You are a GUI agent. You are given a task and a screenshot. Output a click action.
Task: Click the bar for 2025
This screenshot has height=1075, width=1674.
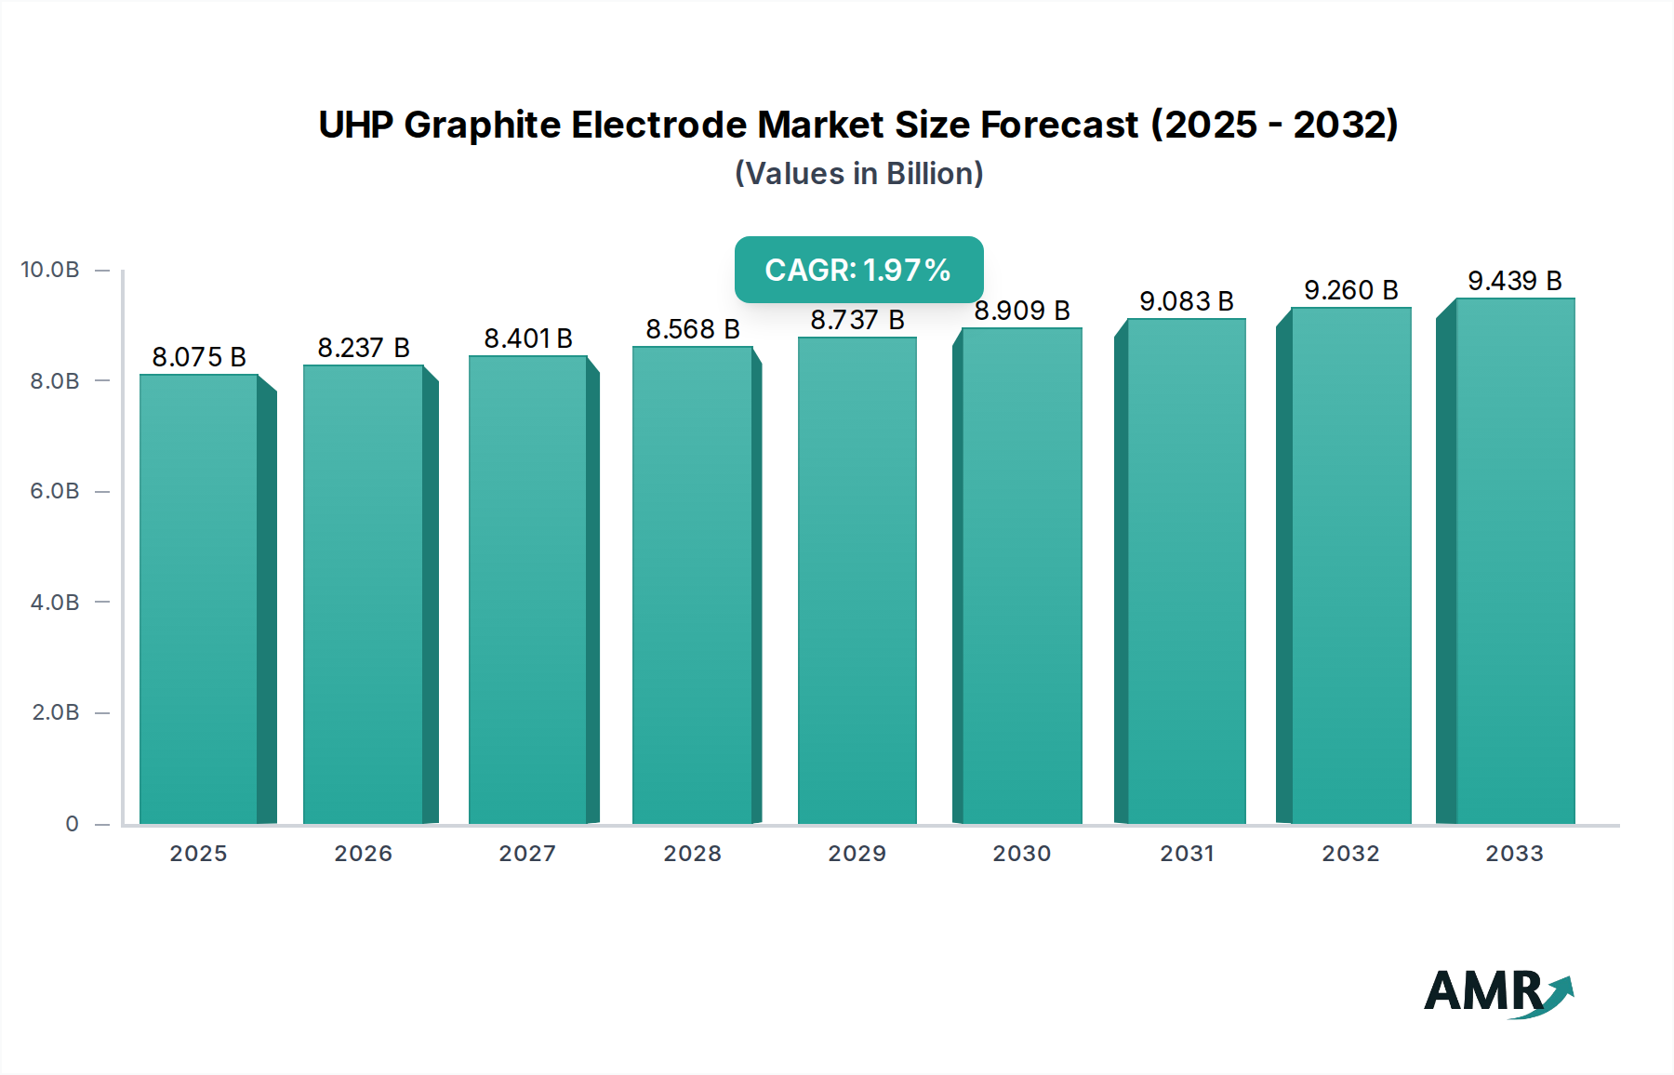(x=199, y=599)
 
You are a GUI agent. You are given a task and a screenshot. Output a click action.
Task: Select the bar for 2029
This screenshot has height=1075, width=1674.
(x=857, y=580)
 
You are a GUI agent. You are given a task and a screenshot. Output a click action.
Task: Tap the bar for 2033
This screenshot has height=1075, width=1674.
(x=1515, y=562)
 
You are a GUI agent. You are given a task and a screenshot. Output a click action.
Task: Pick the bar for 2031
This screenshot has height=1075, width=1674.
(x=1186, y=571)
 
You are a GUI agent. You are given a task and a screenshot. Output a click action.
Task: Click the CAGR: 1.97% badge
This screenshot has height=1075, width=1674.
(x=858, y=270)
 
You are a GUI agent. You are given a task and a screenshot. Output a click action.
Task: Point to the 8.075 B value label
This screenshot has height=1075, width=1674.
(x=199, y=357)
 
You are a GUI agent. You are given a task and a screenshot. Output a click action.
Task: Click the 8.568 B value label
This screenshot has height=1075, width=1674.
(x=693, y=329)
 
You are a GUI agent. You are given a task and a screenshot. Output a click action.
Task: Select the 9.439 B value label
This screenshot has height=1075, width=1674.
(x=1515, y=281)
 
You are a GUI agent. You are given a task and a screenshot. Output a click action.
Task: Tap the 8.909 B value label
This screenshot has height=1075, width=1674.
(x=1022, y=311)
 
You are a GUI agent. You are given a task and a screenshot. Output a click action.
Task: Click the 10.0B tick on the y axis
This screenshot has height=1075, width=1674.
(x=50, y=270)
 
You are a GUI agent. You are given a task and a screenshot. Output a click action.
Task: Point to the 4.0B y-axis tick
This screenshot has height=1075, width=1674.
(x=54, y=602)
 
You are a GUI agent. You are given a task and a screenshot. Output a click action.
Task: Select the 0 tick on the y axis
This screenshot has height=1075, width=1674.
(x=72, y=823)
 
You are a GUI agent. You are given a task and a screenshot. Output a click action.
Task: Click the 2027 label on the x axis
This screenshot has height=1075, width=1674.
(x=527, y=853)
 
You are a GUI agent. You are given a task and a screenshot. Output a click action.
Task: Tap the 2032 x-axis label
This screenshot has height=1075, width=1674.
(x=1350, y=853)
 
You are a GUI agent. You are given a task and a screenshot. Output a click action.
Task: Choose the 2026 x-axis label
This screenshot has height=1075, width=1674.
(x=363, y=853)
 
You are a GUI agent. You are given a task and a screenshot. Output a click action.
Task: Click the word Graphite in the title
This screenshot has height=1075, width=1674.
(x=482, y=125)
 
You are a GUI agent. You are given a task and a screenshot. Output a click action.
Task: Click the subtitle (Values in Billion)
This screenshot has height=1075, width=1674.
(x=858, y=174)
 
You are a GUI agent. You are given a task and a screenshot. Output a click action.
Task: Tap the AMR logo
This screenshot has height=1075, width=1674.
(x=1497, y=992)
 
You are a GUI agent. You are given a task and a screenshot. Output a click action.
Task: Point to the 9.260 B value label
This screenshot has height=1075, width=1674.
(x=1350, y=290)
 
